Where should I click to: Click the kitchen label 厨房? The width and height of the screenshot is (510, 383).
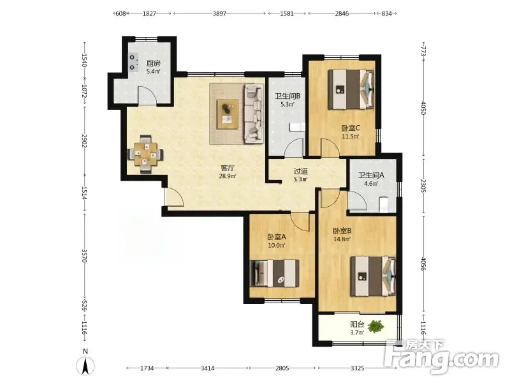pyautogui.click(x=153, y=63)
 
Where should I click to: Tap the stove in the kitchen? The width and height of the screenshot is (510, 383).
pyautogui.click(x=133, y=63)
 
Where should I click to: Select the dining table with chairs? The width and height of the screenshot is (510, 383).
pyautogui.click(x=145, y=154)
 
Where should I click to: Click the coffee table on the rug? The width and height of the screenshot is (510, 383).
pyautogui.click(x=228, y=114)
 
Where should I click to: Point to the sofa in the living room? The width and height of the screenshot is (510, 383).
pyautogui.click(x=254, y=114)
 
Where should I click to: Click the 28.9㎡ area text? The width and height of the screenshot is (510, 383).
pyautogui.click(x=228, y=176)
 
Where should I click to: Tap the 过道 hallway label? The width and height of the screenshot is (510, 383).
pyautogui.click(x=300, y=170)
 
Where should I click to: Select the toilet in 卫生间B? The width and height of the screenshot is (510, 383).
pyautogui.click(x=297, y=127)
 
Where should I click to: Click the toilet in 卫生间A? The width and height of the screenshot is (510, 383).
pyautogui.click(x=384, y=204)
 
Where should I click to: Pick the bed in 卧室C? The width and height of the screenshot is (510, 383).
pyautogui.click(x=351, y=89)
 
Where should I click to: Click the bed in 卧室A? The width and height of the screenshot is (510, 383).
pyautogui.click(x=275, y=273)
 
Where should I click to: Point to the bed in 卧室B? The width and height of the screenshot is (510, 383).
pyautogui.click(x=373, y=276)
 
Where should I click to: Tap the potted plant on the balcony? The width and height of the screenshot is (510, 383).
pyautogui.click(x=377, y=326)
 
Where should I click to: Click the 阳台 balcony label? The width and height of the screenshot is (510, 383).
pyautogui.click(x=357, y=324)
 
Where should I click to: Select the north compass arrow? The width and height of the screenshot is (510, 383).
pyautogui.click(x=85, y=365)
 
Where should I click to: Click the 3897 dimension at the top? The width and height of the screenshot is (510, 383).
pyautogui.click(x=219, y=13)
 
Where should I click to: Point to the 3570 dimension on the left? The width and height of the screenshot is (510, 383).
pyautogui.click(x=85, y=256)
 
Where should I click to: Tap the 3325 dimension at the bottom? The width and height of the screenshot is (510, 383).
pyautogui.click(x=357, y=368)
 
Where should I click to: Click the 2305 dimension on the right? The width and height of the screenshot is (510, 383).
pyautogui.click(x=423, y=186)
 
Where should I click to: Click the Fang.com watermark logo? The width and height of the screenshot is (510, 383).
pyautogui.click(x=441, y=357)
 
